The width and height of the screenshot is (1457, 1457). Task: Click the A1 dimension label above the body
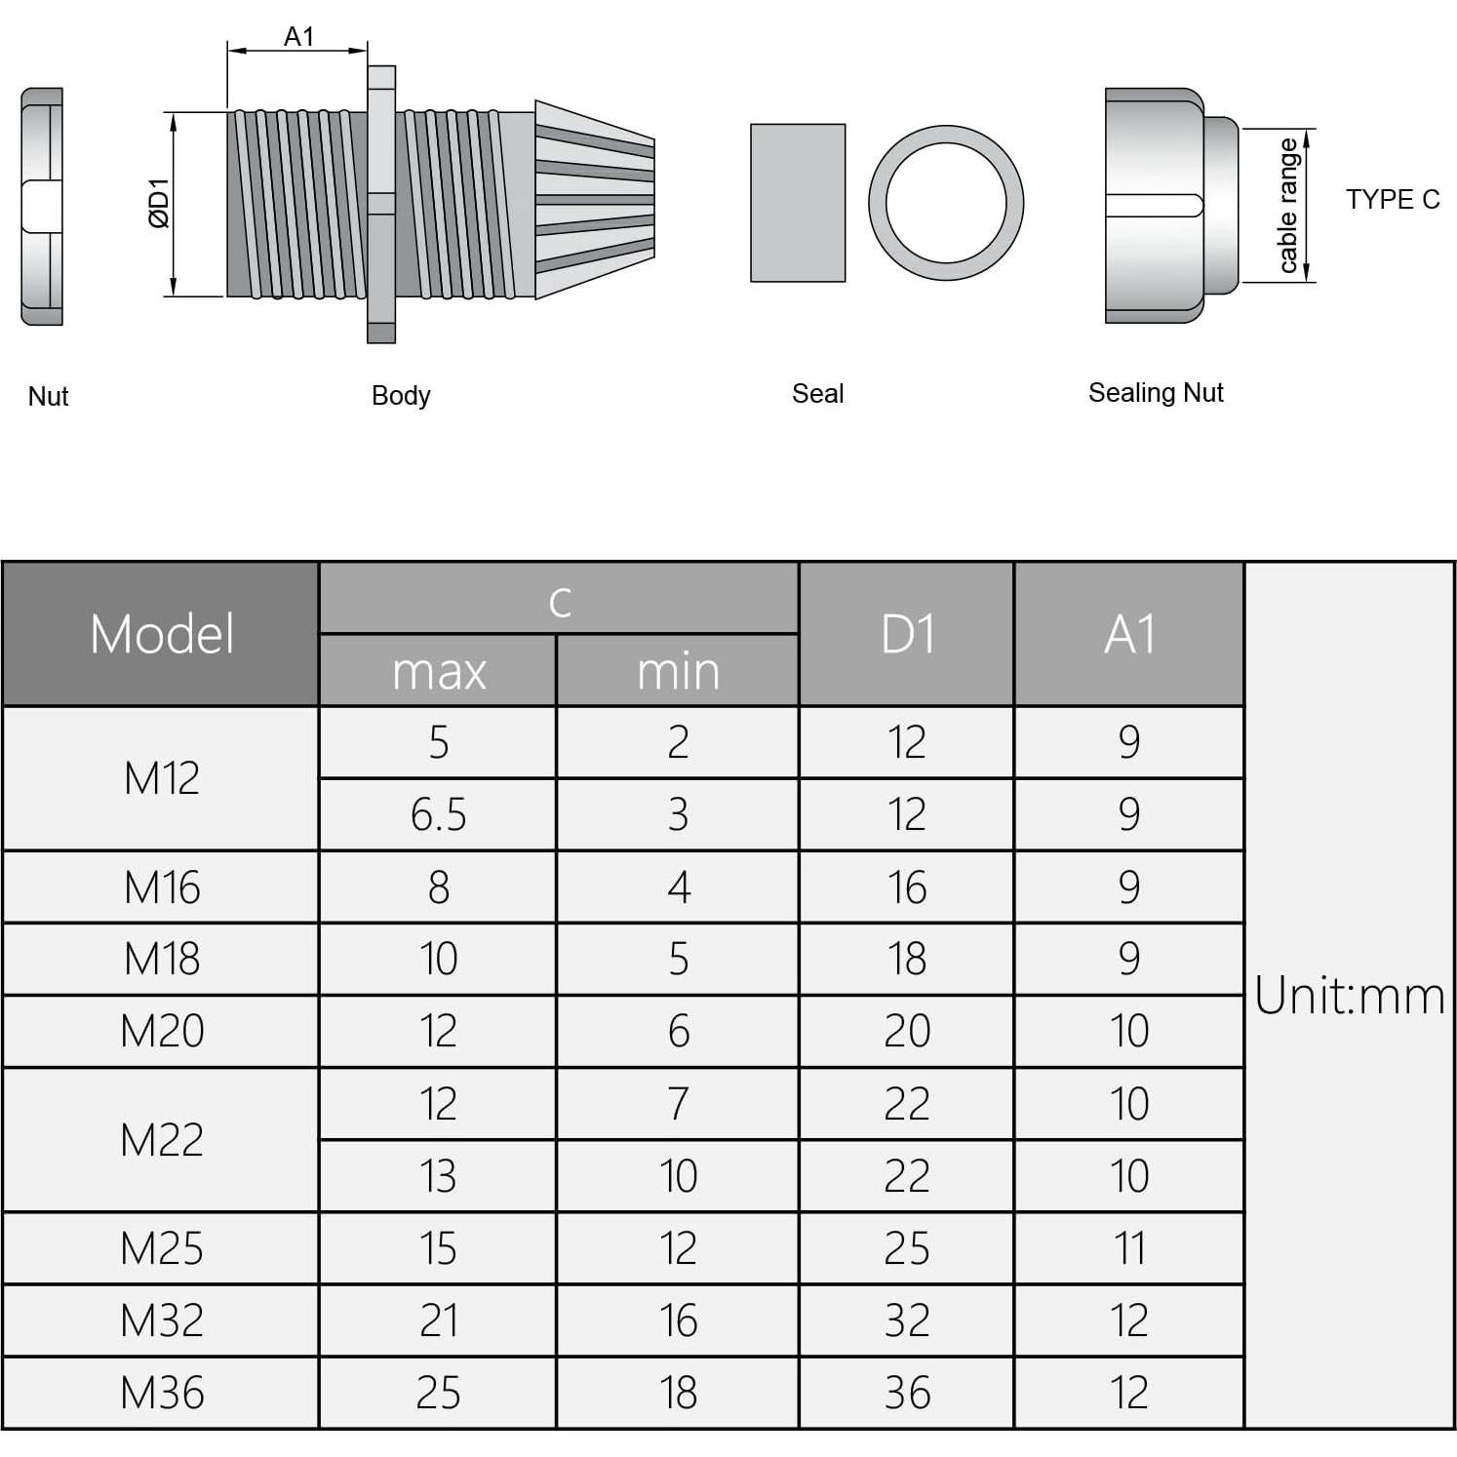pyautogui.click(x=298, y=37)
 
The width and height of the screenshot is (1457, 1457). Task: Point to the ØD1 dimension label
pyautogui.click(x=159, y=204)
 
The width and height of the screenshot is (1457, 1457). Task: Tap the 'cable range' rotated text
pyautogui.click(x=1287, y=206)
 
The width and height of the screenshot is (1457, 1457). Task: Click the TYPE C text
pyautogui.click(x=1392, y=200)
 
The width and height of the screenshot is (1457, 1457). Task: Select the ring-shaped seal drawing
pyautogui.click(x=945, y=203)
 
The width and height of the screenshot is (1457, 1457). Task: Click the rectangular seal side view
pyautogui.click(x=797, y=203)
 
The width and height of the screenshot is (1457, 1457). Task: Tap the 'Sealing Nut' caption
pyautogui.click(x=1155, y=393)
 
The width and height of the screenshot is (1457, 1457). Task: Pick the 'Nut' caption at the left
pyautogui.click(x=48, y=397)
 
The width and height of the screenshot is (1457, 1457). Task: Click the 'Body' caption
pyautogui.click(x=400, y=396)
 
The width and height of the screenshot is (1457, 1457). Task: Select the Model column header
pyautogui.click(x=162, y=634)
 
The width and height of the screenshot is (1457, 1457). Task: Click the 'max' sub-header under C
pyautogui.click(x=438, y=672)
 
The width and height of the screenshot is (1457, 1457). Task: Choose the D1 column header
pyautogui.click(x=907, y=634)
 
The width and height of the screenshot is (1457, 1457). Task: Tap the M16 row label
pyautogui.click(x=162, y=887)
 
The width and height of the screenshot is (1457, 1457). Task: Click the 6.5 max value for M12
pyautogui.click(x=438, y=814)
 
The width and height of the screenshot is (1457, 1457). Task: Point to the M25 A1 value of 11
pyautogui.click(x=1128, y=1248)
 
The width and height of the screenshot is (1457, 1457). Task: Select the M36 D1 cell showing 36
pyautogui.click(x=907, y=1393)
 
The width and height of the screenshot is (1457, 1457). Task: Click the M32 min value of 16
pyautogui.click(x=678, y=1320)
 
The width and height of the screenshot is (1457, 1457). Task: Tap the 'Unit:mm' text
pyautogui.click(x=1349, y=996)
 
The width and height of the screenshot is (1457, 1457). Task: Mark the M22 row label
pyautogui.click(x=162, y=1140)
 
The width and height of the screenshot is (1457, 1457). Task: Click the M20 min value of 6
pyautogui.click(x=678, y=1032)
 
